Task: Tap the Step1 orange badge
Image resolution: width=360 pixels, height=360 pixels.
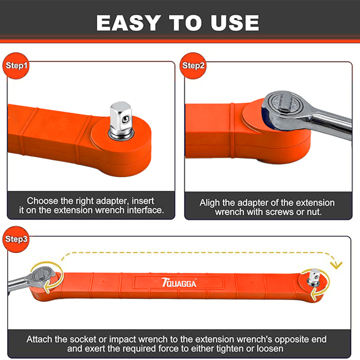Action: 16,66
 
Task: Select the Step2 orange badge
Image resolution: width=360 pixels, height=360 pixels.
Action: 193,66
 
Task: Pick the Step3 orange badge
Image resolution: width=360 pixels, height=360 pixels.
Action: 16,239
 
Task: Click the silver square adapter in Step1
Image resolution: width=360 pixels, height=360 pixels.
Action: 121,121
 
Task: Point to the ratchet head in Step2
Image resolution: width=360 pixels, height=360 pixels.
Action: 286,110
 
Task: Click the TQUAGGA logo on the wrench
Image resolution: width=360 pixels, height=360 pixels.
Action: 179,283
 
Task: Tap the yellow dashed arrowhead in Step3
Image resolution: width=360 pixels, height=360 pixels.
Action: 336,266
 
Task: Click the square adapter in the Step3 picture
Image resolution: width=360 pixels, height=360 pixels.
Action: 314,278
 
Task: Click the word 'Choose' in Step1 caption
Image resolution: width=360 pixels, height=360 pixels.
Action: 42,201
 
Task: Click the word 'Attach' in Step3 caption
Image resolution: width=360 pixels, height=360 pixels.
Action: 39,339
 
